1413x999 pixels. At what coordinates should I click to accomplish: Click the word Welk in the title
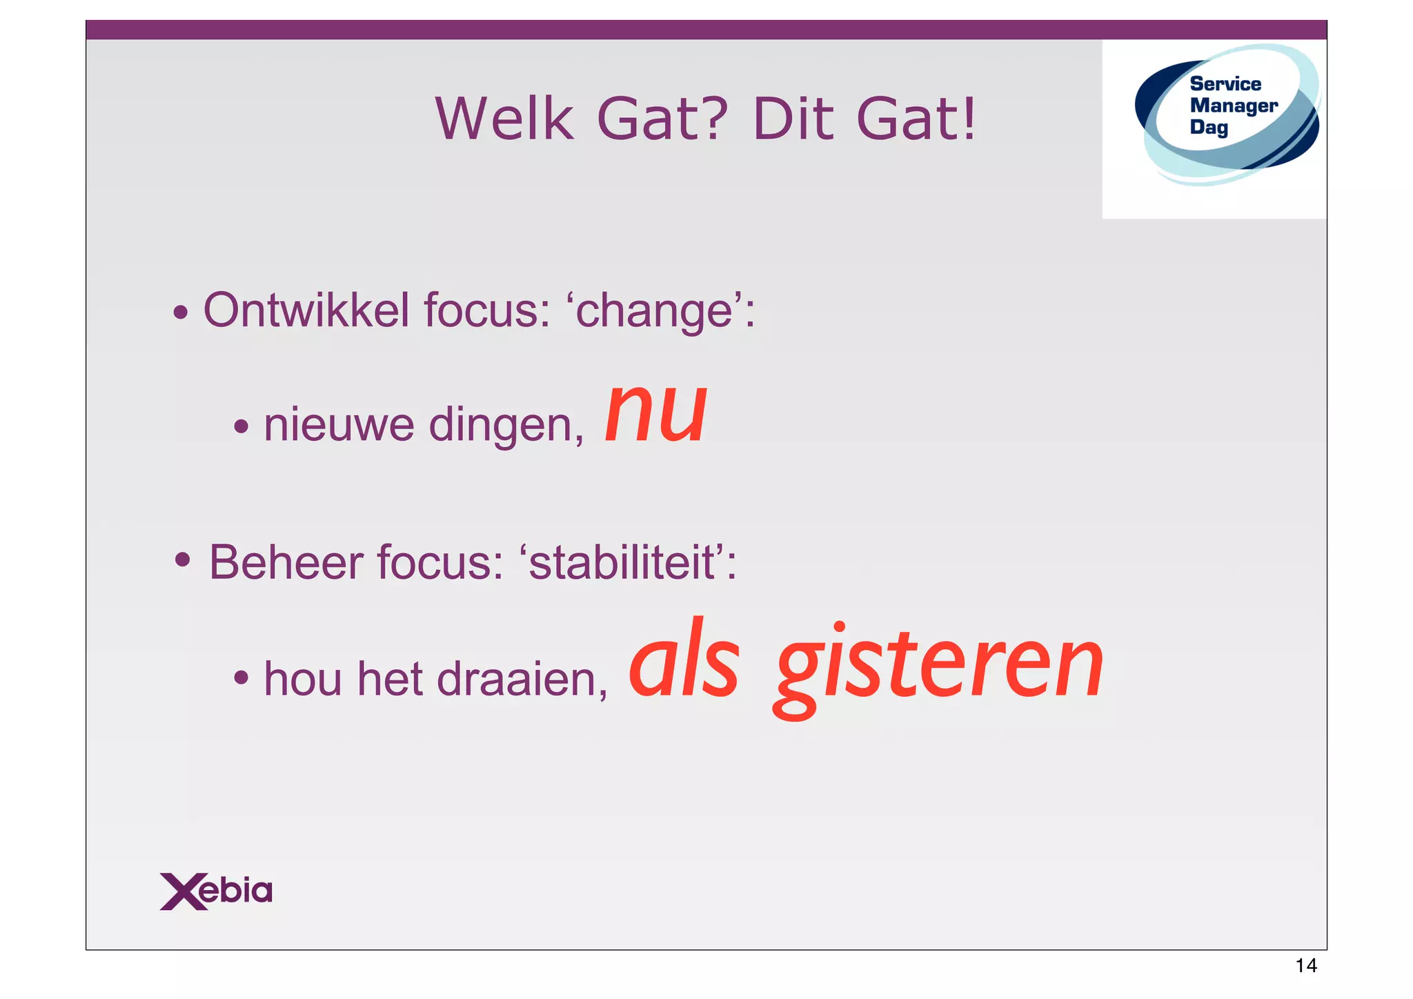tap(504, 119)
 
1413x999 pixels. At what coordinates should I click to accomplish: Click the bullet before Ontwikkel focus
tap(181, 313)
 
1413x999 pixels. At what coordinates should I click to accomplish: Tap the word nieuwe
tap(339, 425)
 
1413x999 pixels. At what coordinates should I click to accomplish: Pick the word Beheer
tap(286, 562)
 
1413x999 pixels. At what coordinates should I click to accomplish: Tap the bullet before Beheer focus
tap(182, 559)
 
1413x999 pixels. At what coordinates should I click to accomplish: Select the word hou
tap(303, 679)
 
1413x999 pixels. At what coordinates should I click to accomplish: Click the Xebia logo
tap(216, 891)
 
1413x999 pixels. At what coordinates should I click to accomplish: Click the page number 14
tap(1305, 966)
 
